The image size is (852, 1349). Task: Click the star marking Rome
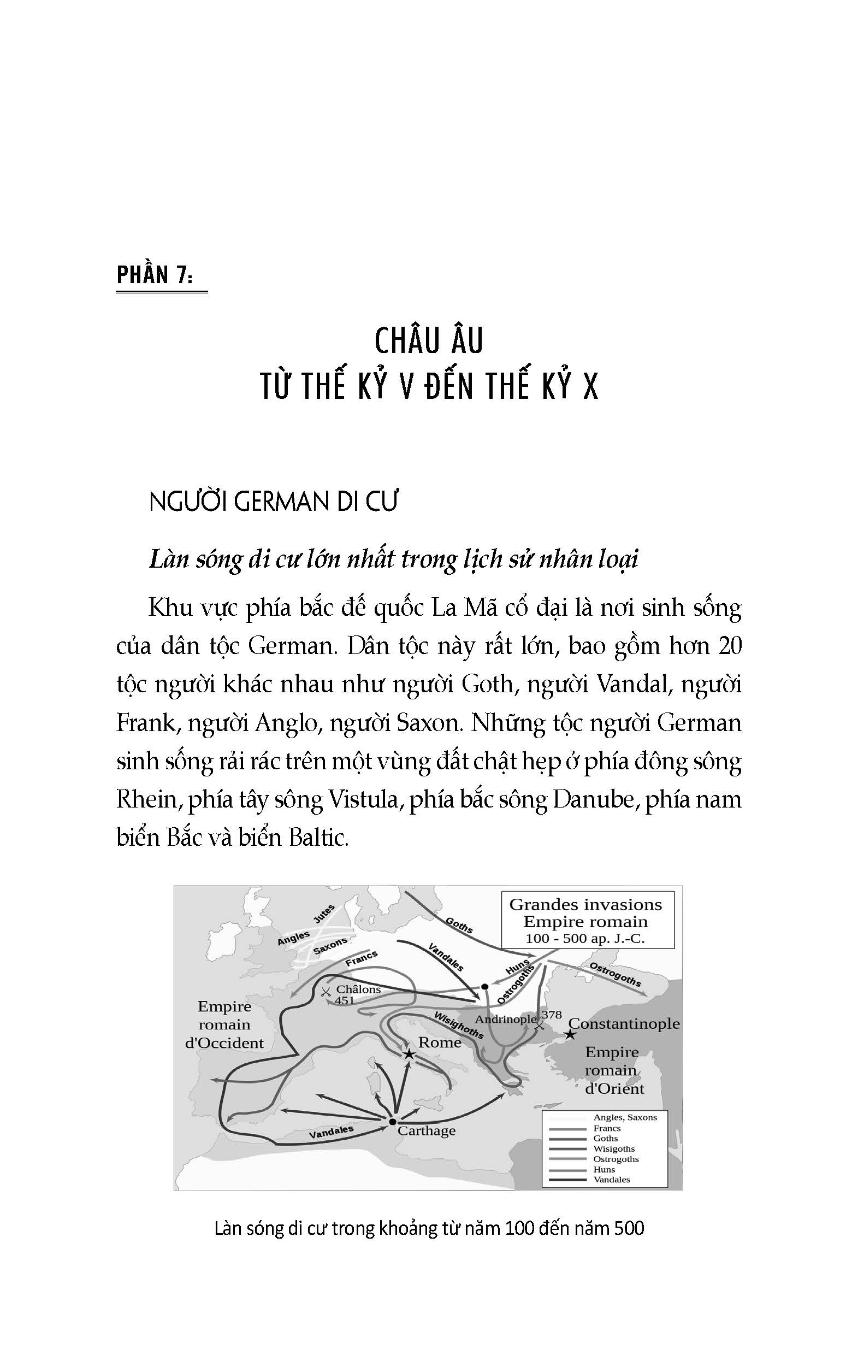point(409,1055)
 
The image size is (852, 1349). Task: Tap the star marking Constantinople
point(570,1035)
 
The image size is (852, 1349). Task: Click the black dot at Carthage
point(392,1122)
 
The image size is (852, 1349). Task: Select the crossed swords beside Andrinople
point(540,1024)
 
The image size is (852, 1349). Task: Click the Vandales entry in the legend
point(612,1179)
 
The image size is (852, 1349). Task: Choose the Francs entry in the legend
point(607,1128)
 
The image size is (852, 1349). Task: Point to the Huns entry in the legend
point(605,1169)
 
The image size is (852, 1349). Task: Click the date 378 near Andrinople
point(551,1015)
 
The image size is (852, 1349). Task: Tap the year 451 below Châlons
point(345,1000)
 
